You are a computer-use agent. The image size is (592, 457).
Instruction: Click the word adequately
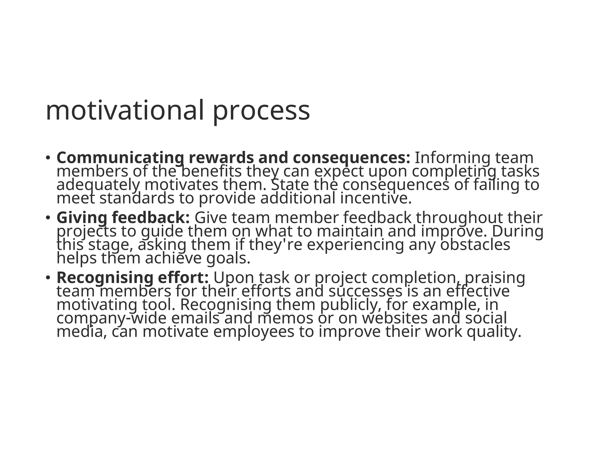(98, 185)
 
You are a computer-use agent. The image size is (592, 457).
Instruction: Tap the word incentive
(375, 198)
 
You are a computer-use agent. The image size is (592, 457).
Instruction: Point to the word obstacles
(475, 245)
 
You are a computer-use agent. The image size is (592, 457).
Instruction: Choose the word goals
(228, 259)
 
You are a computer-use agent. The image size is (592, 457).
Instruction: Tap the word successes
(365, 291)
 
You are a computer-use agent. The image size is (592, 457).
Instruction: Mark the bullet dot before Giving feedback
(48, 218)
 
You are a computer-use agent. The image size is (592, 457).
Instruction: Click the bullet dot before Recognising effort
(48, 278)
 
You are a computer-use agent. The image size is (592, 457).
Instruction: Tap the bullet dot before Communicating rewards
(48, 158)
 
